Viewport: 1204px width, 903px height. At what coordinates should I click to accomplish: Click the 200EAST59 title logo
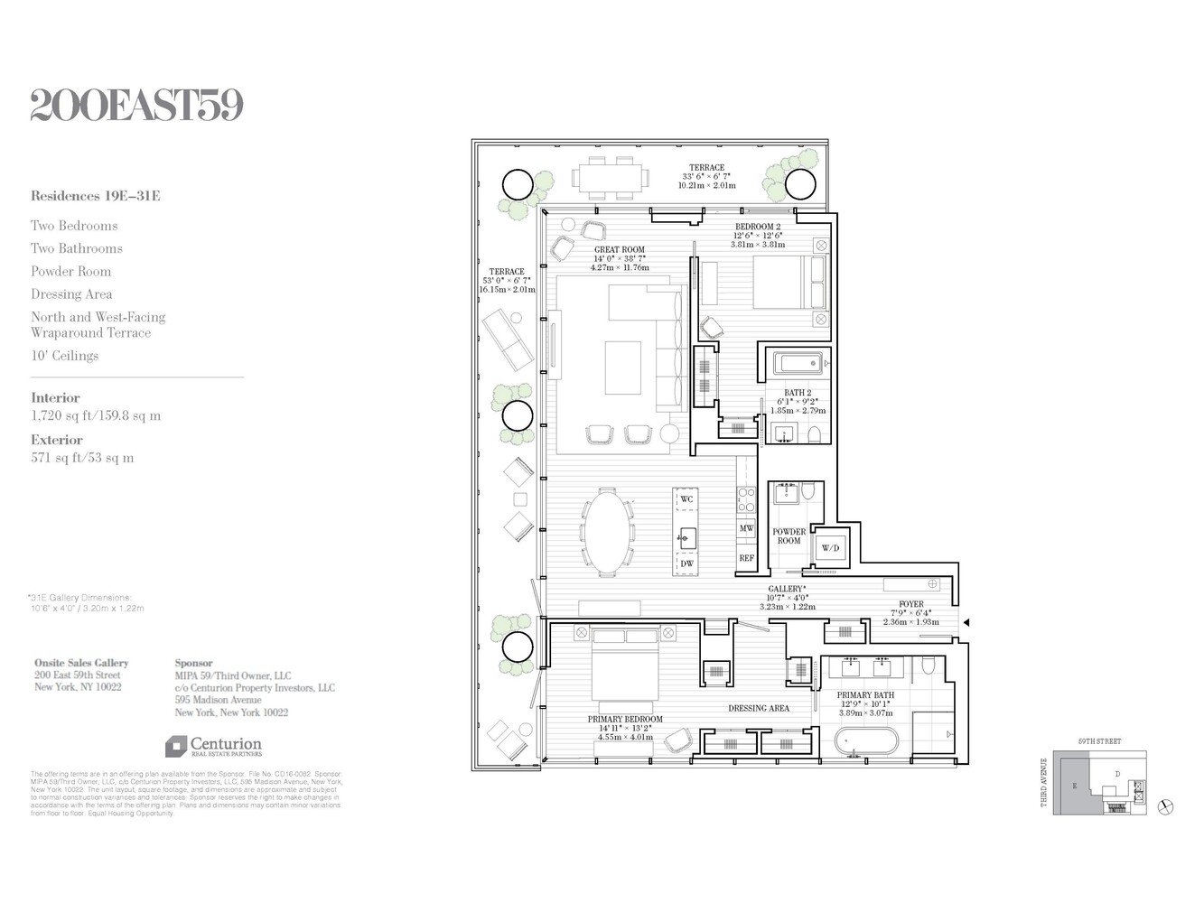point(137,106)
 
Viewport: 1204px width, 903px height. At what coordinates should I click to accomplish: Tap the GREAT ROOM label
point(620,250)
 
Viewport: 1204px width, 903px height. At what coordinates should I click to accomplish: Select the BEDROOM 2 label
point(758,227)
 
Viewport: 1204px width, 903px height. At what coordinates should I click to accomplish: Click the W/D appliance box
point(829,548)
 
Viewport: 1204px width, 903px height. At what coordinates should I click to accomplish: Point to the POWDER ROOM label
point(789,536)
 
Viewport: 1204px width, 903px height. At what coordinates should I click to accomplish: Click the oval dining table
point(607,532)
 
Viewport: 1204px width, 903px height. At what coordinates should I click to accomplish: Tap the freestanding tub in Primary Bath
point(866,742)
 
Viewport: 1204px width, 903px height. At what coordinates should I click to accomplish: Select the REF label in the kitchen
point(746,558)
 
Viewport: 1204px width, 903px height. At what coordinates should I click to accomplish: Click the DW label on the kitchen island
point(686,563)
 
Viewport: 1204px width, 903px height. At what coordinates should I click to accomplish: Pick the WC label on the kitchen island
point(686,499)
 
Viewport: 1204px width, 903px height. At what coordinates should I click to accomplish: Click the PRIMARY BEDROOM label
point(625,720)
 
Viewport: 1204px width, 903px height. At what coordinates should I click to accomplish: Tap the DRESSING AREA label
point(759,708)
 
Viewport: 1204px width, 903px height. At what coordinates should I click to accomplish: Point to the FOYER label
point(910,604)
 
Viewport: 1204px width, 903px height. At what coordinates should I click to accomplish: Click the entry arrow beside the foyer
point(966,622)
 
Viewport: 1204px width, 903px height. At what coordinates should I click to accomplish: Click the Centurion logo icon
point(175,747)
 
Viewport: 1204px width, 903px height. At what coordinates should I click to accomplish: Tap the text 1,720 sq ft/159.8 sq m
point(96,416)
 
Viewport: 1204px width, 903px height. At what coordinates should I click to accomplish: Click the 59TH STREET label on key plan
point(1099,741)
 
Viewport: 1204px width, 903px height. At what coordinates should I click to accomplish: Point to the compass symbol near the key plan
point(1165,806)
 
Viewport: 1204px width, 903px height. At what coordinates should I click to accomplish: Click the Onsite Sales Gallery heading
point(81,663)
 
